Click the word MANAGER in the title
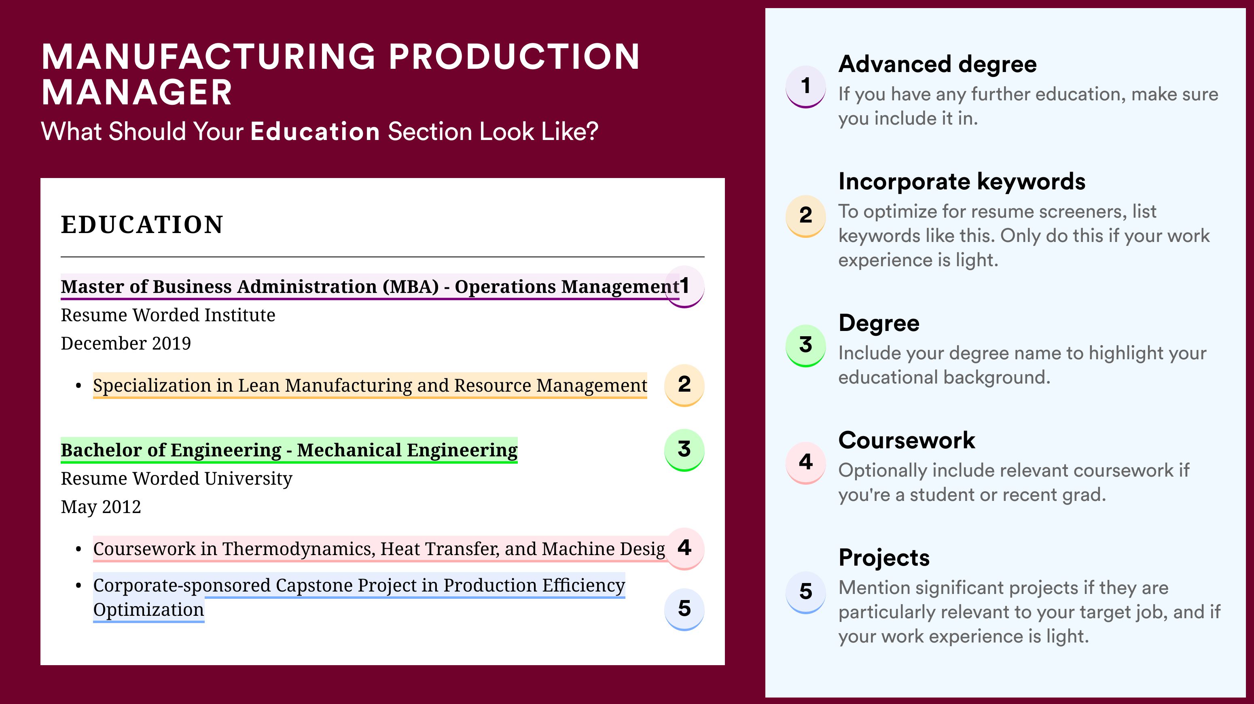pyautogui.click(x=137, y=93)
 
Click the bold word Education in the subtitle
pyautogui.click(x=315, y=131)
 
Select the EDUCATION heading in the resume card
pyautogui.click(x=142, y=225)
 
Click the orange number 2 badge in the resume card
pyautogui.click(x=684, y=384)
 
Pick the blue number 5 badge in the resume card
pyautogui.click(x=684, y=608)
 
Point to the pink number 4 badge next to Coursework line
pyautogui.click(x=684, y=548)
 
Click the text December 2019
pyautogui.click(x=125, y=343)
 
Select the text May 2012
pyautogui.click(x=101, y=507)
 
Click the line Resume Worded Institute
pyautogui.click(x=168, y=315)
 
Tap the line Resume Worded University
pyautogui.click(x=176, y=479)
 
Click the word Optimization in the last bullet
pyautogui.click(x=148, y=610)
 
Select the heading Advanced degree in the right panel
pyautogui.click(x=937, y=64)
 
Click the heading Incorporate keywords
pyautogui.click(x=962, y=182)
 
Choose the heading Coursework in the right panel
pyautogui.click(x=907, y=440)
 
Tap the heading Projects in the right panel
pyautogui.click(x=883, y=558)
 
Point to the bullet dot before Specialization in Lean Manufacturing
pyautogui.click(x=78, y=386)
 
